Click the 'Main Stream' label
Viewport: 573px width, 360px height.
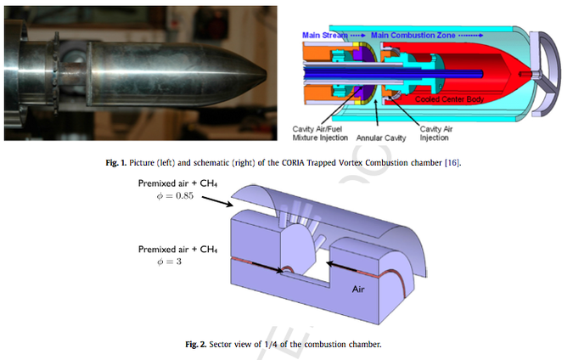tap(324, 36)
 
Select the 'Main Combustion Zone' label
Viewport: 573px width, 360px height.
tap(413, 36)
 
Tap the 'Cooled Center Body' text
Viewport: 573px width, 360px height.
tap(449, 99)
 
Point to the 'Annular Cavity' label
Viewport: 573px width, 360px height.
tap(381, 138)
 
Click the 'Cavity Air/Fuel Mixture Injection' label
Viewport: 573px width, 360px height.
tap(320, 133)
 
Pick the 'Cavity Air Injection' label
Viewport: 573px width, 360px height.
tap(436, 133)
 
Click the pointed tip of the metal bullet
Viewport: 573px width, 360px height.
tap(266, 73)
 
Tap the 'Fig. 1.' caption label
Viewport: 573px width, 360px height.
tap(115, 163)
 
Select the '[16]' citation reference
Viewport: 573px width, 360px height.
tap(452, 163)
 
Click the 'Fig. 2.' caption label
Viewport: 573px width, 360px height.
tap(196, 344)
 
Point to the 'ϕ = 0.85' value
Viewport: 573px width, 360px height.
tap(175, 196)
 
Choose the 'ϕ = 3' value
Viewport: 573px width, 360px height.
tap(169, 262)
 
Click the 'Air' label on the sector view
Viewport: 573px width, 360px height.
tap(358, 289)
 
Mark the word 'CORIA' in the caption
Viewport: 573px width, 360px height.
tap(294, 163)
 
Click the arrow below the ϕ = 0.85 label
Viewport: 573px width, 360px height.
tap(218, 202)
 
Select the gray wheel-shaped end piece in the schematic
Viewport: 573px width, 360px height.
tap(545, 74)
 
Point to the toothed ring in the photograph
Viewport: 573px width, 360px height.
tap(56, 74)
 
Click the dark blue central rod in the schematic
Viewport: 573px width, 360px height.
tap(393, 74)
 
